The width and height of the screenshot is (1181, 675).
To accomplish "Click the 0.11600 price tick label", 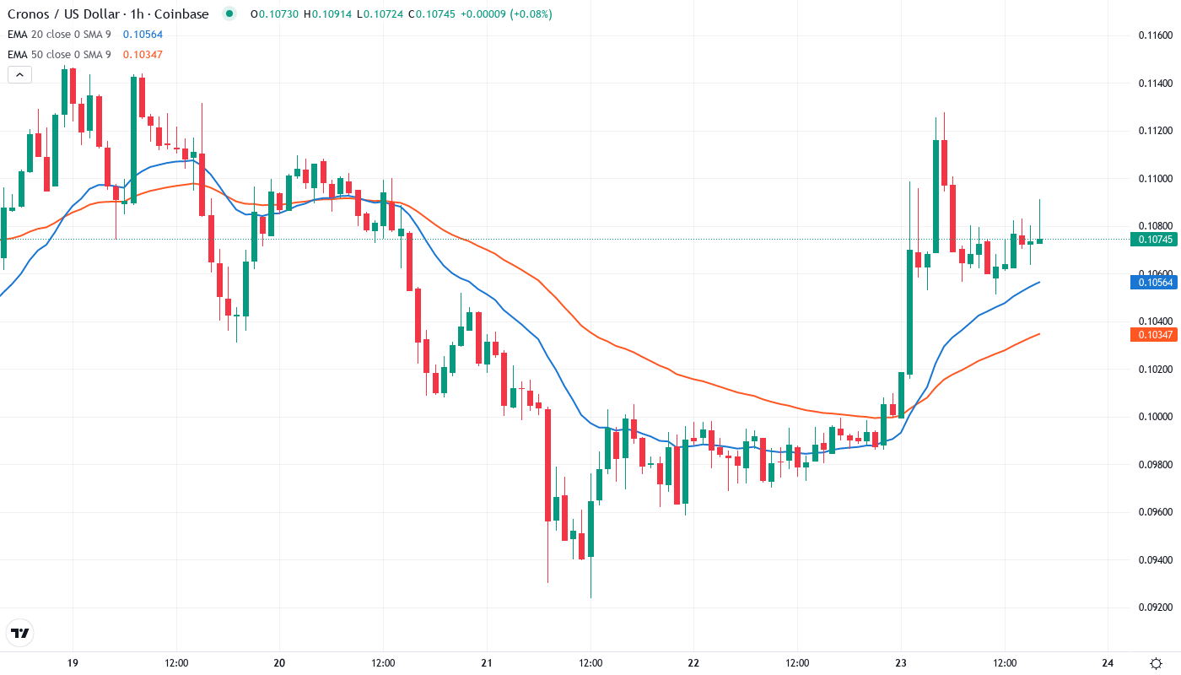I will (x=1155, y=35).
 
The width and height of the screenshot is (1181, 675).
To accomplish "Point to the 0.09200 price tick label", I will (x=1155, y=607).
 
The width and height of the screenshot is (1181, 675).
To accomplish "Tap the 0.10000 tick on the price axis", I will (x=1155, y=417).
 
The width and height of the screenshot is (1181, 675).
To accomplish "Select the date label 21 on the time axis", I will (x=487, y=662).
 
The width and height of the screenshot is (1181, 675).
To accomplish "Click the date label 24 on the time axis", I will (x=1108, y=662).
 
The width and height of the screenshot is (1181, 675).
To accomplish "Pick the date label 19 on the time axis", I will (x=73, y=662).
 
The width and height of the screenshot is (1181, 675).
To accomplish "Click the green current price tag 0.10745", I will (x=1152, y=240).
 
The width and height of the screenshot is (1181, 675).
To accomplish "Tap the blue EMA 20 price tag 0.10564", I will (x=1152, y=283).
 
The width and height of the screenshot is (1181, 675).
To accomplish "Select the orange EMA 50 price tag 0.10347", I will (x=1152, y=335).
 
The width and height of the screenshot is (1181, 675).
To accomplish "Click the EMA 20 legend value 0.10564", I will (x=143, y=34).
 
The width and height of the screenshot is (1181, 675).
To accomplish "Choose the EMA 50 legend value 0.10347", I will (x=143, y=54).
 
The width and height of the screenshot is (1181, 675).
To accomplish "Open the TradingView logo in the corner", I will (x=20, y=633).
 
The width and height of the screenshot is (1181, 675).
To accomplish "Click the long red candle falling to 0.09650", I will (x=547, y=464).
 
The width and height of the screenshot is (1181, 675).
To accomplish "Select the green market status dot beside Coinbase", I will (x=229, y=13).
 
